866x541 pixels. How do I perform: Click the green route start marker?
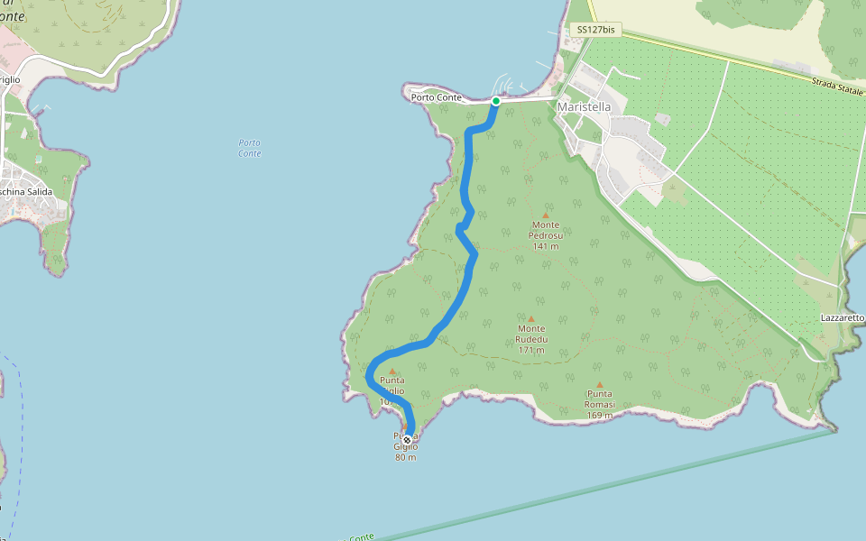pos(496,101)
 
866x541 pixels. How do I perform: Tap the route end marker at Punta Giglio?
pos(407,440)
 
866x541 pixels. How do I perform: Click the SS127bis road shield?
pos(595,30)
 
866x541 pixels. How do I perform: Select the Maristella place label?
pos(585,107)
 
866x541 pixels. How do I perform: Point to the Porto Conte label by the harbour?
pos(437,97)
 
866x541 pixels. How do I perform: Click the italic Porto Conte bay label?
pos(250,148)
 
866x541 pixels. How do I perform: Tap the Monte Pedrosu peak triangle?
pos(545,215)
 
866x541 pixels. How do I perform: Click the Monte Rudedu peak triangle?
pos(531,319)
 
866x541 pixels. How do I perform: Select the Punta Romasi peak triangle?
pos(600,385)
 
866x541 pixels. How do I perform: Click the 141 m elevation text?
pos(545,246)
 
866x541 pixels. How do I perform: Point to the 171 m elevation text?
pos(531,350)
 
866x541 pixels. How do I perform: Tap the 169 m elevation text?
pos(600,416)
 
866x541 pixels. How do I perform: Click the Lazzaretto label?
pos(843,318)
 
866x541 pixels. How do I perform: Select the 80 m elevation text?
pos(406,457)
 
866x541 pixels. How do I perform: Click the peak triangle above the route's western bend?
pos(392,371)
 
